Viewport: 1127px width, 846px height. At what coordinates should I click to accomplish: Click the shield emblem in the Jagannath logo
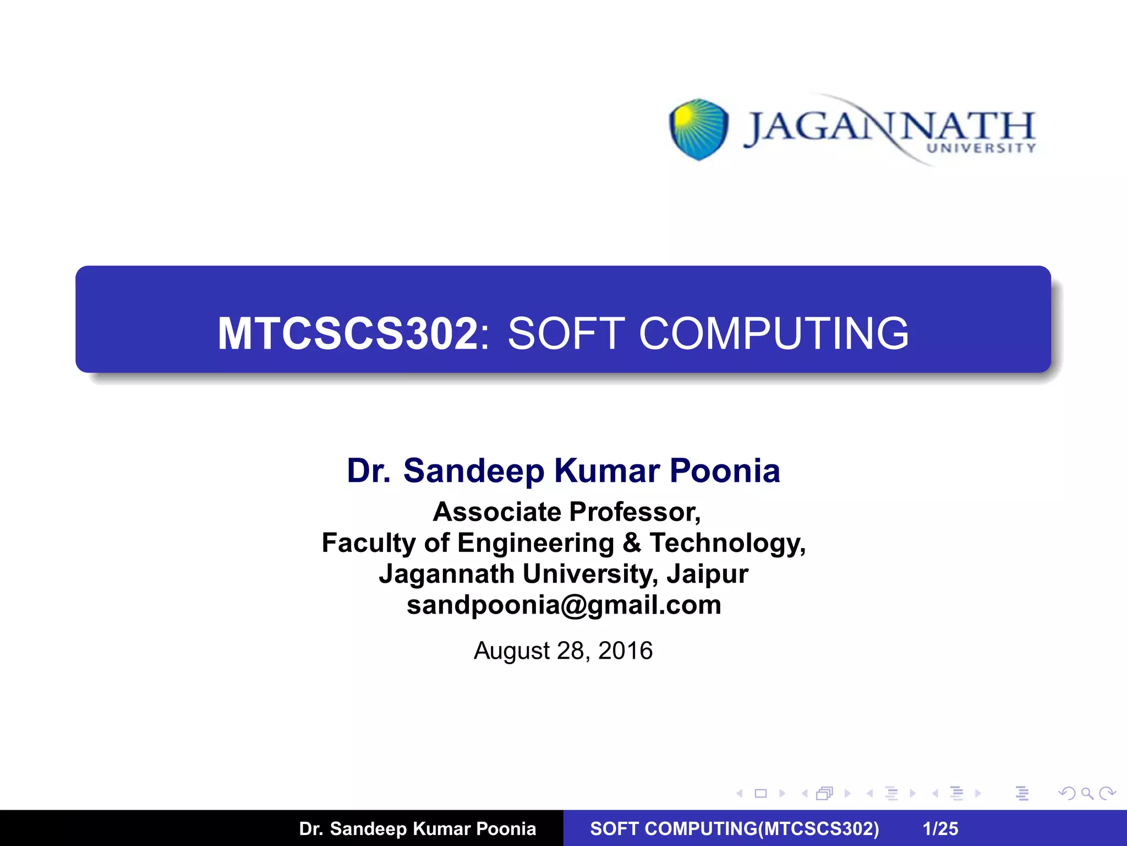pyautogui.click(x=698, y=129)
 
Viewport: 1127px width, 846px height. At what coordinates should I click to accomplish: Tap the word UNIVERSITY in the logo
pyautogui.click(x=981, y=148)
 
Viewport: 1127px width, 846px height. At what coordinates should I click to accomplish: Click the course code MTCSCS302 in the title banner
pyautogui.click(x=347, y=333)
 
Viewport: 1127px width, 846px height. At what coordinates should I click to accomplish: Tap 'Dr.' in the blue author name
pyautogui.click(x=368, y=471)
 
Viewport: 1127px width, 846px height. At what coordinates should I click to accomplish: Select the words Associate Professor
pyautogui.click(x=566, y=512)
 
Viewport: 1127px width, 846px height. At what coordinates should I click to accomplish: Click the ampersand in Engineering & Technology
pyautogui.click(x=632, y=543)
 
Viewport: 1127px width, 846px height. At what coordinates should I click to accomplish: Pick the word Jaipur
pyautogui.click(x=707, y=574)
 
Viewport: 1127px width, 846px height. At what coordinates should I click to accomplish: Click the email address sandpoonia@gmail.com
pyautogui.click(x=563, y=605)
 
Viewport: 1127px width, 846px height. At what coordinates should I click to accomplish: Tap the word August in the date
pyautogui.click(x=511, y=651)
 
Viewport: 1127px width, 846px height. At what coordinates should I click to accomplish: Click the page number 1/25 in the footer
pyautogui.click(x=940, y=828)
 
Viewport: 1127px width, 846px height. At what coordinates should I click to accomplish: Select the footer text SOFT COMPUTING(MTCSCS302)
pyautogui.click(x=735, y=828)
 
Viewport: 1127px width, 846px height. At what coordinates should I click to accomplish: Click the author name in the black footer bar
pyautogui.click(x=417, y=828)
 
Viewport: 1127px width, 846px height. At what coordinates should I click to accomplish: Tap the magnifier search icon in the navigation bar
pyautogui.click(x=1087, y=793)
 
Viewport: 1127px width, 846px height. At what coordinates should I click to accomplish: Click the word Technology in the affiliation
pyautogui.click(x=727, y=543)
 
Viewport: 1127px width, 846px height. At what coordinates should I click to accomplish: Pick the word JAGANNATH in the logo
pyautogui.click(x=889, y=127)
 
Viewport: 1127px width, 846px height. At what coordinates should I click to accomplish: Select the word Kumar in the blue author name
pyautogui.click(x=607, y=471)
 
